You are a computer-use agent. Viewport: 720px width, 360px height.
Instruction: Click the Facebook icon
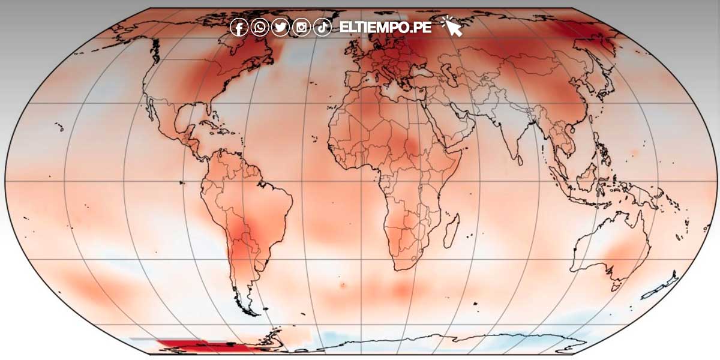239,28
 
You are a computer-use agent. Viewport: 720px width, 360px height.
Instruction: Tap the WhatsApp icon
260,28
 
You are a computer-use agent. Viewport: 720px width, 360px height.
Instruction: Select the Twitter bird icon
280,28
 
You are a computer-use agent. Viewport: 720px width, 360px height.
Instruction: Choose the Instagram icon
302,28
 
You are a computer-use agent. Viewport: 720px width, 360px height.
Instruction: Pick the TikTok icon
322,28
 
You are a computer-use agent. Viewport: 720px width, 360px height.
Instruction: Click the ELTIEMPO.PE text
385,28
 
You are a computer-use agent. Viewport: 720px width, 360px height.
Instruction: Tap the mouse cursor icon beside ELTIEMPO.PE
452,26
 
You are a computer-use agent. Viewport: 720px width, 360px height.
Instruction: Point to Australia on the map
612,252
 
